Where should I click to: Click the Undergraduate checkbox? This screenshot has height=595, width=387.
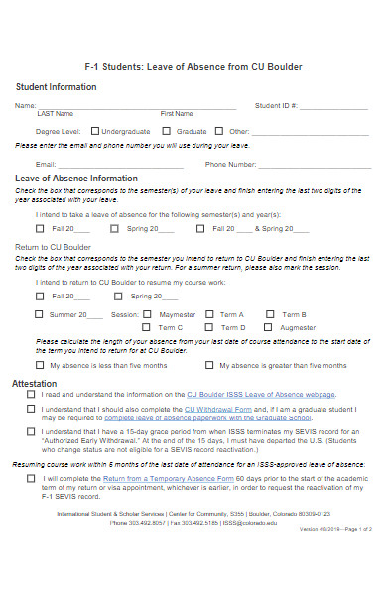coord(94,130)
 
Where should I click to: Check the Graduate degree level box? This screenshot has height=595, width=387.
coord(169,130)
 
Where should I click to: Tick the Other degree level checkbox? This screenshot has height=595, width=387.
coord(221,130)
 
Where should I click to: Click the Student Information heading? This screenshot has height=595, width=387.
coord(57,87)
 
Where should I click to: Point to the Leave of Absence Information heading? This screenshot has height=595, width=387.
coord(76,178)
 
